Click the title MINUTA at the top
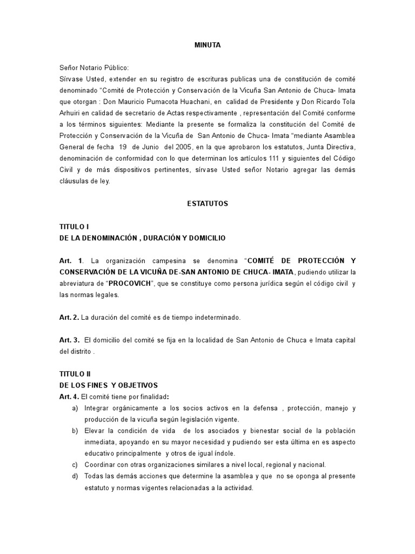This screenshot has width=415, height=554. click(207, 45)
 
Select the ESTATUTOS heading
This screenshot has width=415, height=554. click(208, 204)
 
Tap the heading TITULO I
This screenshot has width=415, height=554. click(74, 227)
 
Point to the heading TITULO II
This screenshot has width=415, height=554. click(75, 374)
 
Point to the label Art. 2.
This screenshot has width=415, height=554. click(69, 317)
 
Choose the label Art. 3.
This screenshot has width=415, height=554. click(69, 340)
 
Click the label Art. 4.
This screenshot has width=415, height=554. click(69, 397)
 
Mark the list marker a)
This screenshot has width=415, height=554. click(75, 408)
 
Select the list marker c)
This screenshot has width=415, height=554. click(75, 465)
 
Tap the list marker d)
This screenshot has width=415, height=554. click(75, 476)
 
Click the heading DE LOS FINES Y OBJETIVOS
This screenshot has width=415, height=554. click(108, 385)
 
